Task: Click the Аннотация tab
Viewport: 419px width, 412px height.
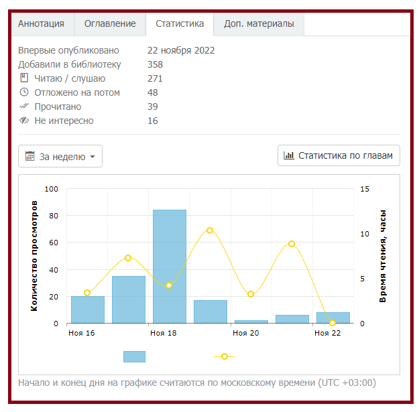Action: (41, 23)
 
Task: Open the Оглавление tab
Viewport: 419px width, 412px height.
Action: (110, 23)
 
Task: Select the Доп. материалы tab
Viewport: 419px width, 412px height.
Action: (259, 23)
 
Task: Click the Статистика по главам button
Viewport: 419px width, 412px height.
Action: (339, 155)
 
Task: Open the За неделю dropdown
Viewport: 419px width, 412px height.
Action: (60, 156)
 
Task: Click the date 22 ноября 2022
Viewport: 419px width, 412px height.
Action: (181, 50)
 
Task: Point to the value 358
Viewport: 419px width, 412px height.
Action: (155, 64)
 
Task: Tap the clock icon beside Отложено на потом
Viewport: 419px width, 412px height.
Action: (24, 92)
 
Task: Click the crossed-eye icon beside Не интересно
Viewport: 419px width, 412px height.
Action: (24, 121)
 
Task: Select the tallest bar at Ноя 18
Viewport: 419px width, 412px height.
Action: (170, 267)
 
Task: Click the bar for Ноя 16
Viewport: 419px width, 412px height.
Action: (88, 310)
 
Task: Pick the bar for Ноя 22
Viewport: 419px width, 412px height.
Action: (333, 318)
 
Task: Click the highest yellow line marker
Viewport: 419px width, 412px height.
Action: (210, 230)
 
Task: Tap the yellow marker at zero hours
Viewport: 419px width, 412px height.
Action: (333, 323)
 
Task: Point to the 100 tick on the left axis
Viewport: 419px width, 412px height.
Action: (52, 189)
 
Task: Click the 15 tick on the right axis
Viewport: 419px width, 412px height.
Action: (365, 189)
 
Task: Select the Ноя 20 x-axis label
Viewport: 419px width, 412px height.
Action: (245, 333)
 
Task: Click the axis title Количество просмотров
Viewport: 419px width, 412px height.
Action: (34, 261)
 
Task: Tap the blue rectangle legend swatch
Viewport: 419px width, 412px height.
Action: (134, 356)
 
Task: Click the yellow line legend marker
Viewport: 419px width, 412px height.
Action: (225, 356)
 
